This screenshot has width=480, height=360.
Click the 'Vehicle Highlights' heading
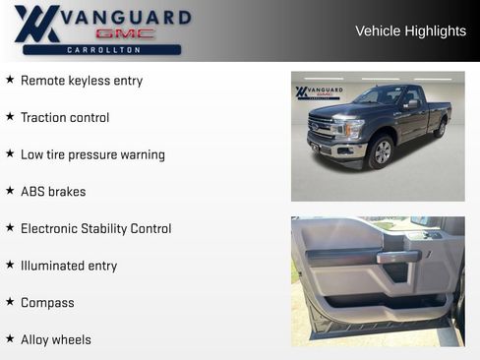coord(410,31)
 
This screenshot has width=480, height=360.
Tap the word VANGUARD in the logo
coord(123,17)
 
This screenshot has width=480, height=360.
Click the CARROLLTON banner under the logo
coord(102,49)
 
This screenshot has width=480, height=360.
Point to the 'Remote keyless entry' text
coord(82,81)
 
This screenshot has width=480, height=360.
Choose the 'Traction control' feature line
coord(65,118)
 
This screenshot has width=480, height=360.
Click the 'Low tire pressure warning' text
coord(92,154)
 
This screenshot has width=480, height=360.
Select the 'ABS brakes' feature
coord(53,192)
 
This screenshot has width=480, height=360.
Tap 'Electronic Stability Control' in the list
coord(95,229)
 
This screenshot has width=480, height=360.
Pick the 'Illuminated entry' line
coord(69,266)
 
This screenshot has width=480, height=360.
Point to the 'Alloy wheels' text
coord(56,340)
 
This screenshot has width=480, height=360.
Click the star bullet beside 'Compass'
coord(10,302)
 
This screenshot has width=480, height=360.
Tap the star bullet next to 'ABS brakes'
coord(10,191)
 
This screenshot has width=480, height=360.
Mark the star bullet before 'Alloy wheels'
coord(10,339)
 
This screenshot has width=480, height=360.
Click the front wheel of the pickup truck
coord(380,151)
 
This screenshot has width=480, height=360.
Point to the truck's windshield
coord(382,97)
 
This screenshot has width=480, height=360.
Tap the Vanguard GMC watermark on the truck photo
coord(319,92)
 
